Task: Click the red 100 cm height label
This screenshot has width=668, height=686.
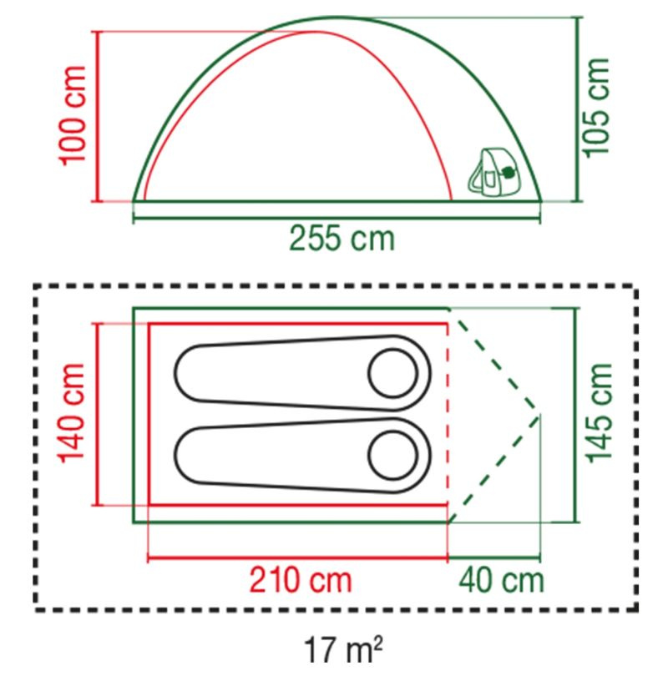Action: click(73, 116)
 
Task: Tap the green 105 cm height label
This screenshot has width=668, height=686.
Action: click(595, 107)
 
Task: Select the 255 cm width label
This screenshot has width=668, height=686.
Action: click(342, 239)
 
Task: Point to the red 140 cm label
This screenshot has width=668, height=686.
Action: click(71, 413)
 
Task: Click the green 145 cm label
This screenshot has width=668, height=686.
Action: click(599, 413)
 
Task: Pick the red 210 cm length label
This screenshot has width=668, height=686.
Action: click(301, 580)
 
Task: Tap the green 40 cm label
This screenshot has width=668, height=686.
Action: click(501, 580)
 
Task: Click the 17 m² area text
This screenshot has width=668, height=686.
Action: click(342, 650)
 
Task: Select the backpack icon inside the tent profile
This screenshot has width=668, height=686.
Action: click(495, 172)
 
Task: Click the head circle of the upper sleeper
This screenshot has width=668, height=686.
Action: click(393, 373)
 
